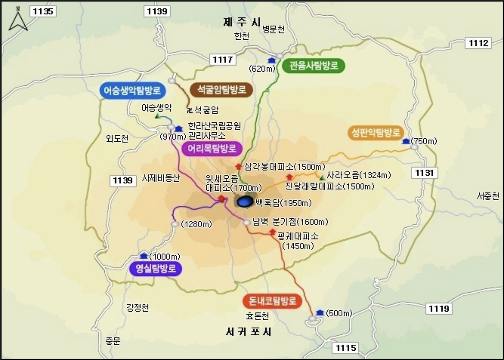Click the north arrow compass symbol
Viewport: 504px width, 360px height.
18,21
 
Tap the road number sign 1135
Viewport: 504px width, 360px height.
43,11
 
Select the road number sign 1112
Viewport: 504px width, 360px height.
478,43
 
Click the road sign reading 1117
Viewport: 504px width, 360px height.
223,60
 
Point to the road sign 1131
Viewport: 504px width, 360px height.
424,173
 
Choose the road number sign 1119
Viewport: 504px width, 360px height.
439,308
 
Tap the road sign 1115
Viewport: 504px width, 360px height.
346,347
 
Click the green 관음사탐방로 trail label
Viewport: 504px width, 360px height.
313,65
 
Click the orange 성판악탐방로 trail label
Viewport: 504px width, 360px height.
376,133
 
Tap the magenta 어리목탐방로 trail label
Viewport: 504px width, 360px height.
212,148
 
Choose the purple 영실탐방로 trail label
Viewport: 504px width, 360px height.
156,269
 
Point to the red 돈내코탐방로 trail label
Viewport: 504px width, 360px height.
272,301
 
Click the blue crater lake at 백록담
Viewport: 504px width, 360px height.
245,202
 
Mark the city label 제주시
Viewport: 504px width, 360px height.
241,22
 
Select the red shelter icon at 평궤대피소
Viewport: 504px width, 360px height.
272,233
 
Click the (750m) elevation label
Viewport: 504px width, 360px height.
423,141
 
